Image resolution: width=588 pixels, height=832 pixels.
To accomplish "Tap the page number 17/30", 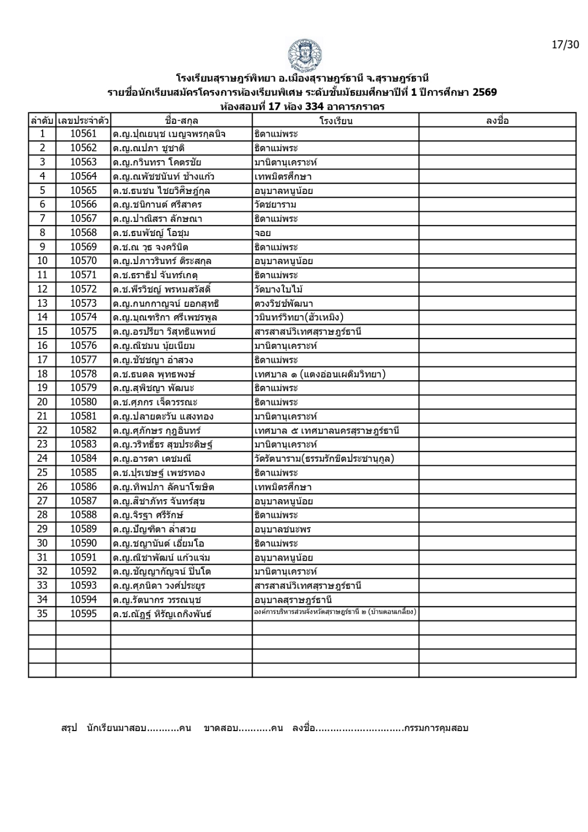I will coord(565,45).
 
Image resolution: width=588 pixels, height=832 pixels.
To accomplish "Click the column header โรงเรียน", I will coord(335,121).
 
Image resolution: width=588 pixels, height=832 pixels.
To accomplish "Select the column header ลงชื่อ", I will coord(497,121).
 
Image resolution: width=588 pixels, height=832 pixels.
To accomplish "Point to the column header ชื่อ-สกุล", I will coord(181,121).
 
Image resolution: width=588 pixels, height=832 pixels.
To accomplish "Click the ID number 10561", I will coord(83,134).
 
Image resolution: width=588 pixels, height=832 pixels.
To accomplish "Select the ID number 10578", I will coord(83,374).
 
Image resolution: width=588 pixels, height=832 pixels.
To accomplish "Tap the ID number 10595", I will coord(83,614).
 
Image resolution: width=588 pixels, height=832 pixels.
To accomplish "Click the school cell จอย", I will coord(263,233).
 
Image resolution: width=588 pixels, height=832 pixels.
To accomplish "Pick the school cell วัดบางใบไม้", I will coord(279,289).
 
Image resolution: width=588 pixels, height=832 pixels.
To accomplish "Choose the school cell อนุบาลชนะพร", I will coord(283,529).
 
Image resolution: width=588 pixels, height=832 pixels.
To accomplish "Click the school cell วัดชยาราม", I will coord(276,205).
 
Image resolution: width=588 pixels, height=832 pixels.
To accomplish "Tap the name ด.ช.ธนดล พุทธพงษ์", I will coord(154,374).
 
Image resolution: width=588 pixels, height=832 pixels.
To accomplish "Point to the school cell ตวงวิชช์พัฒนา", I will coord(284,304).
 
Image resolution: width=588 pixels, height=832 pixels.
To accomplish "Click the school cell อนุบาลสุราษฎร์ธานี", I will coord(293,600).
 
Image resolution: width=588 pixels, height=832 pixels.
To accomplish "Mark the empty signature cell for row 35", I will coord(497,614).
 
